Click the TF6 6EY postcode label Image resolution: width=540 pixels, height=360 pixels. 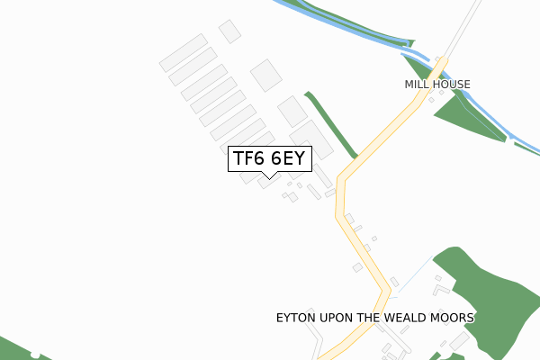pyautogui.click(x=270, y=158)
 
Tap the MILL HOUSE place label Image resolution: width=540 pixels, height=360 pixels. pyautogui.click(x=437, y=85)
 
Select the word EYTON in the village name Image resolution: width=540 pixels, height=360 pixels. pyautogui.click(x=296, y=319)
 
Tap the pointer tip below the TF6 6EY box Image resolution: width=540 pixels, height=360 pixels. pyautogui.click(x=270, y=176)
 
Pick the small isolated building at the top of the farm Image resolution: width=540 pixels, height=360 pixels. pyautogui.click(x=229, y=31)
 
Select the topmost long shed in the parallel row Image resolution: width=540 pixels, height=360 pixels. pyautogui.click(x=184, y=53)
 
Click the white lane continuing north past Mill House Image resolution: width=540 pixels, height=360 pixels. pyautogui.click(x=463, y=27)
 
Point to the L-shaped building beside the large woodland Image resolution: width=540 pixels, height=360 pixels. pyautogui.click(x=441, y=289)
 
